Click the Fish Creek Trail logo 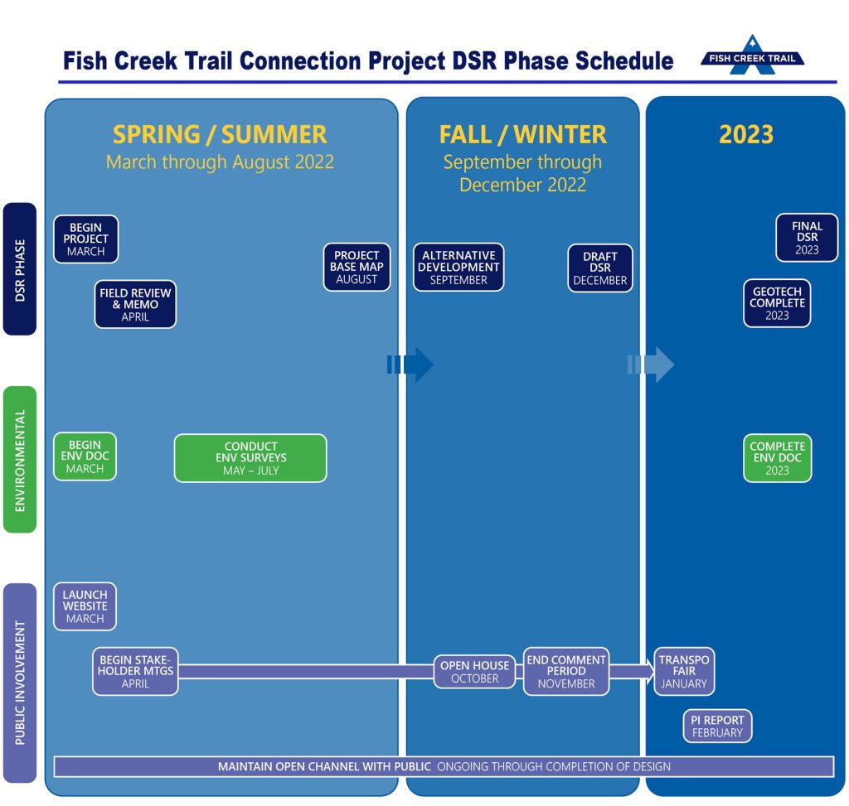coord(752,56)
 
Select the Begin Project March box coord(85,239)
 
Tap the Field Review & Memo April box coord(135,304)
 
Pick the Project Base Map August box coord(357,268)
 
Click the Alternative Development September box coord(458,268)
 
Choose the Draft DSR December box coord(600,268)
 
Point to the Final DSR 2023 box coord(807,238)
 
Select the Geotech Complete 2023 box coord(777,303)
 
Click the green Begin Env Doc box coord(85,456)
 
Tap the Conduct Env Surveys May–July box coord(250,458)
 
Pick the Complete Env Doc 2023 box coord(777,458)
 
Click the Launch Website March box coord(85,606)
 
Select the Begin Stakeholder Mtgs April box coord(135,671)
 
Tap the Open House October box coord(474,672)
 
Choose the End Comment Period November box coord(566,671)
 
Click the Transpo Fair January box coord(684,671)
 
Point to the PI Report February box coord(717,726)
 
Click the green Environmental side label coord(20,460)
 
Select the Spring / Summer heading coord(220,135)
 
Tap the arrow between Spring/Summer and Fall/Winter coord(410,364)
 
